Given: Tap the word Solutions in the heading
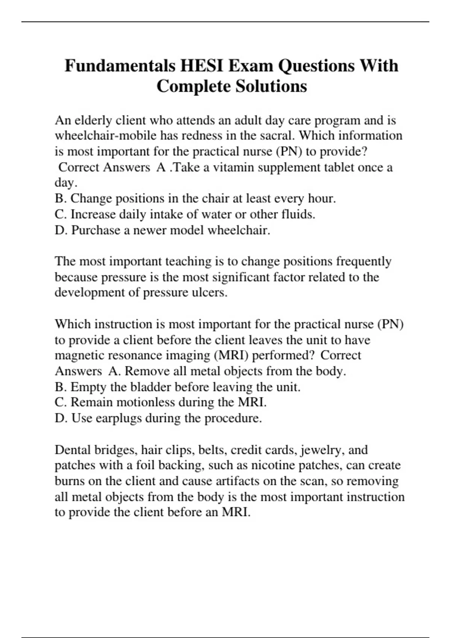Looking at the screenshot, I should pos(271,86).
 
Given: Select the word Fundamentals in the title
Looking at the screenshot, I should pos(120,66).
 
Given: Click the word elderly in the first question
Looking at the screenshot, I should pos(94,120).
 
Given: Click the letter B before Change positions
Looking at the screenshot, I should pos(59,199).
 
